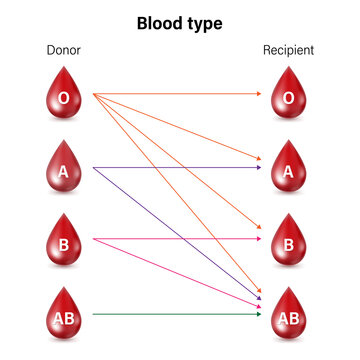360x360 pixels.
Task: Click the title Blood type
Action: click(x=180, y=22)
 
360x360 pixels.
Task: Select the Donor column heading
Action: click(x=64, y=49)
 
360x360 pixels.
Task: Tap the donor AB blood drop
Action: click(x=64, y=313)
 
